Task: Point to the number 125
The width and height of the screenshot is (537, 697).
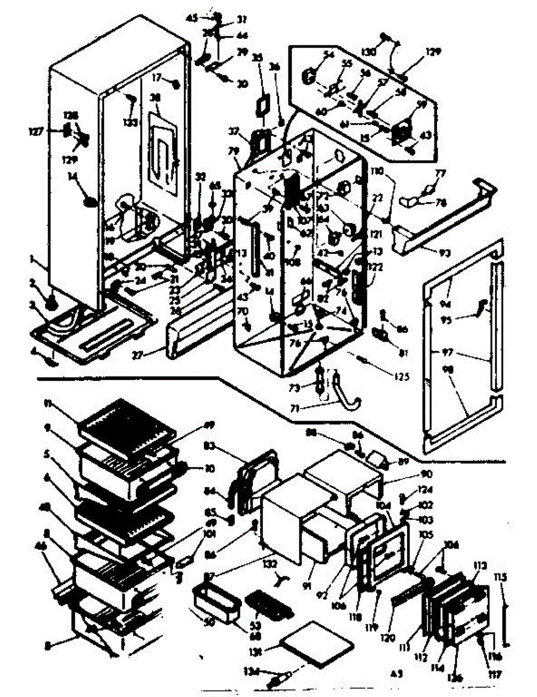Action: pyautogui.click(x=400, y=376)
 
